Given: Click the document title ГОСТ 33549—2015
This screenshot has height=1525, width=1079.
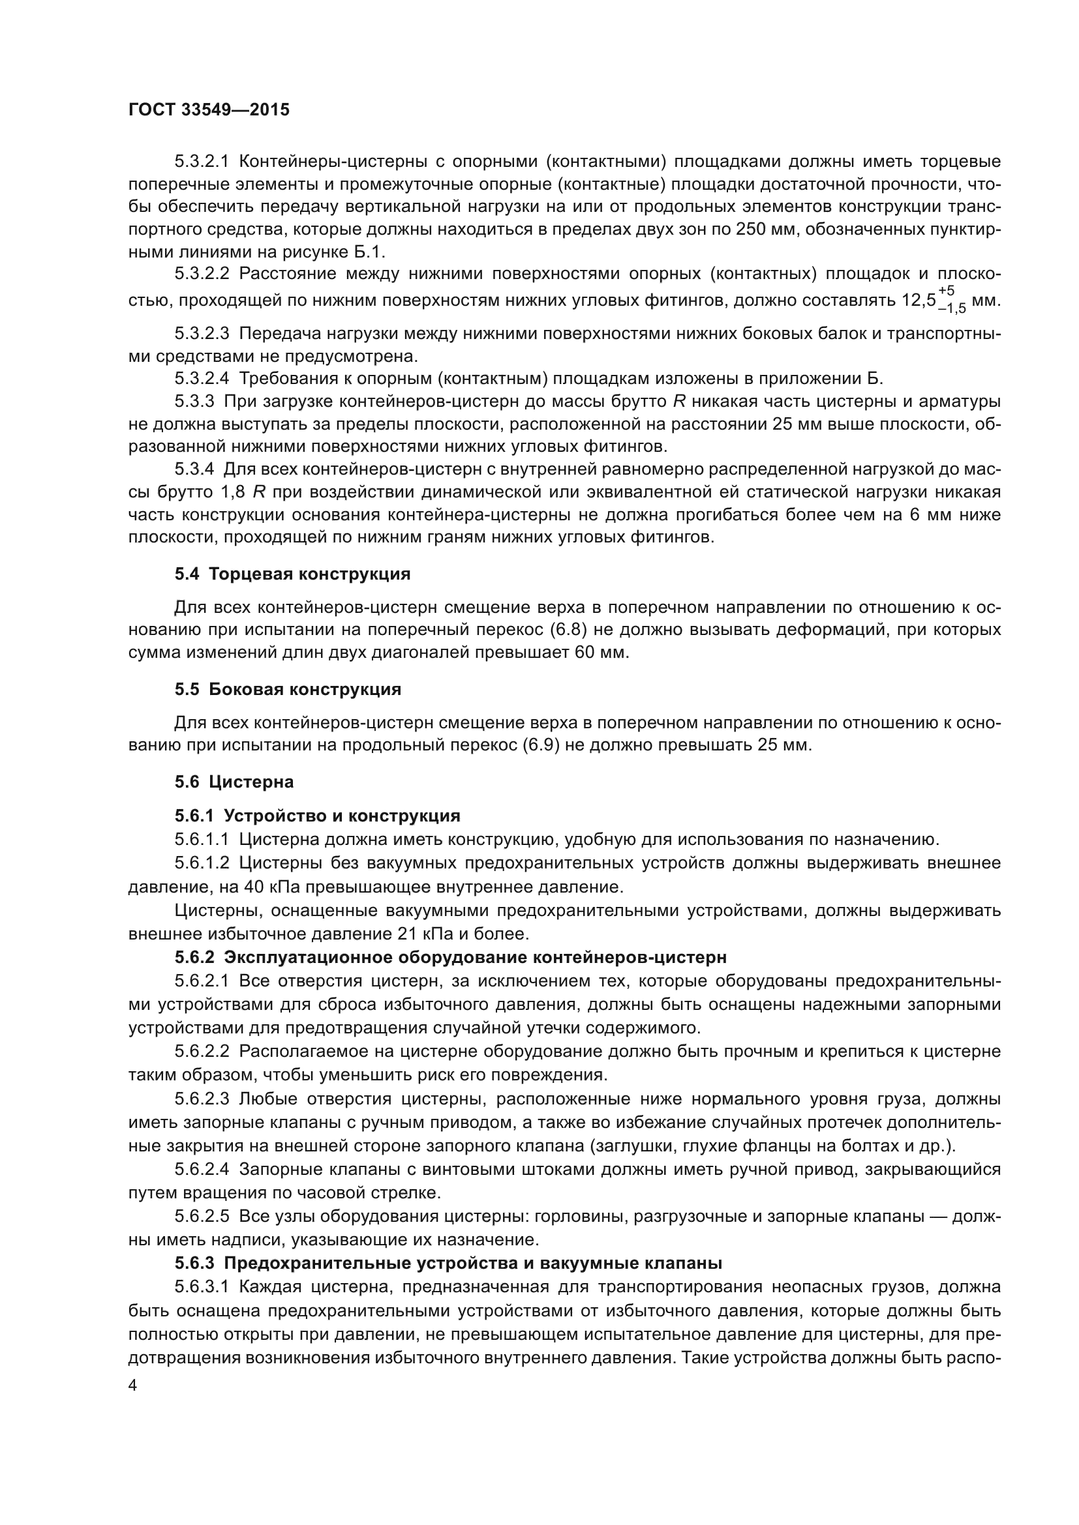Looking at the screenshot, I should (209, 110).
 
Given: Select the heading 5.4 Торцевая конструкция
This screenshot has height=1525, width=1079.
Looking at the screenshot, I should (292, 574).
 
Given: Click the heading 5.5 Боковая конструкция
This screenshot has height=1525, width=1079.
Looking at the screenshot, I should (288, 689).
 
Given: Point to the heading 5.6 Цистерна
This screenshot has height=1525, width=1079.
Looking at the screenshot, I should (234, 782).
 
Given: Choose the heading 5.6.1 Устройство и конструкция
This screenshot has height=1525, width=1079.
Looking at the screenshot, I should (318, 815).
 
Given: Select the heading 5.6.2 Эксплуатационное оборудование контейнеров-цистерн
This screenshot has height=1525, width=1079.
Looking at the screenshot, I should (451, 957).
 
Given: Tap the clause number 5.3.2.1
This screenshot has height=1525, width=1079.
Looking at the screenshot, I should (202, 162).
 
